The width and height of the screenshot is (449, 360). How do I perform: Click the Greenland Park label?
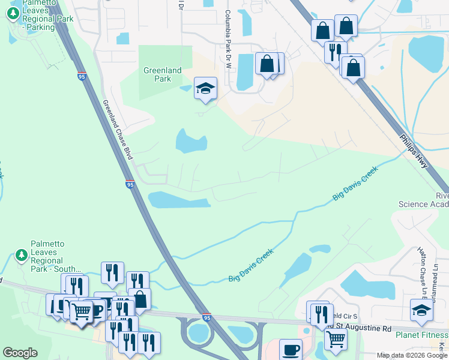162,74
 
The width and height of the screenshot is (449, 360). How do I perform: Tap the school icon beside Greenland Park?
205,89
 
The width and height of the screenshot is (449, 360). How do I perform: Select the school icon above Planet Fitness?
421,310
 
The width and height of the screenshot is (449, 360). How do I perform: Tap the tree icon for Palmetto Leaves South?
22,255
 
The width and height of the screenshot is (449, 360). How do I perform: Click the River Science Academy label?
424,200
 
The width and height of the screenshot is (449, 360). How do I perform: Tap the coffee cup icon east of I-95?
291,349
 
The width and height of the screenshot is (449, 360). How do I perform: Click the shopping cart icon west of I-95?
81,311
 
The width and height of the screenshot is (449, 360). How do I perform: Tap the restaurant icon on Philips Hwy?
335,51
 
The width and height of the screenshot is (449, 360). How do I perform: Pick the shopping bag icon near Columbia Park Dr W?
267,64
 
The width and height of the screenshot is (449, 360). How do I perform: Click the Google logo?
20,353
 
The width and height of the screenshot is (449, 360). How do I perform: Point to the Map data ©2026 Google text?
412,355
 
